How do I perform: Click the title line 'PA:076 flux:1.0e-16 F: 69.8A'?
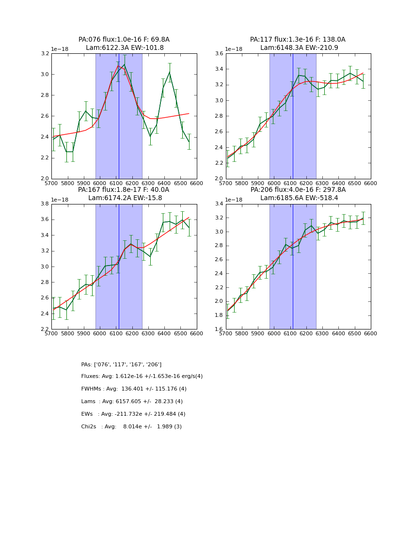[x=124, y=40]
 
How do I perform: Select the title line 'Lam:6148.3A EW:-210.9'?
[x=298, y=48]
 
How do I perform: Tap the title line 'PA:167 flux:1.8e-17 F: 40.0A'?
[x=124, y=190]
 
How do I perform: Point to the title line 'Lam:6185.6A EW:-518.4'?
[x=298, y=198]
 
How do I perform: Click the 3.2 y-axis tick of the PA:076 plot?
[x=45, y=53]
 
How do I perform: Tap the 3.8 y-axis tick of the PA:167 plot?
[x=45, y=204]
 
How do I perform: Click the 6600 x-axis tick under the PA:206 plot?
[x=370, y=334]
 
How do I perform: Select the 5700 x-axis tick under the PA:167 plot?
[x=51, y=334]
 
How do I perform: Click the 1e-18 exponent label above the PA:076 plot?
[x=60, y=49]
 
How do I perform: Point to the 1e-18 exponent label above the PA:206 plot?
[x=234, y=200]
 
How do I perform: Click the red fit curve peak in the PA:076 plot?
[x=118, y=66]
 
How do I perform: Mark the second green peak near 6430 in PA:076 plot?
[x=170, y=72]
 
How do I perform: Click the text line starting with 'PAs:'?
[x=121, y=364]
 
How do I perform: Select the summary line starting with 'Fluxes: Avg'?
[x=142, y=376]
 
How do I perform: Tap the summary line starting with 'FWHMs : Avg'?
[x=134, y=389]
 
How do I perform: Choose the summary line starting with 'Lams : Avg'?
[x=132, y=402]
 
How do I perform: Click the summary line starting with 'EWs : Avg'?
[x=133, y=414]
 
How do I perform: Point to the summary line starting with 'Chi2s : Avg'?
[x=131, y=427]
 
